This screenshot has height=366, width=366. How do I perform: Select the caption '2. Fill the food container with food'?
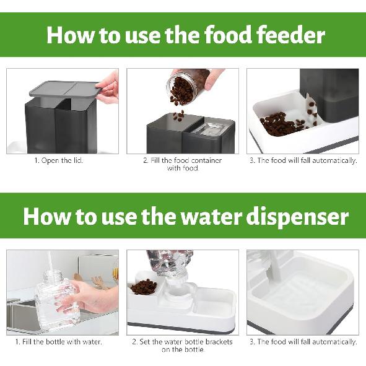(x=182, y=164)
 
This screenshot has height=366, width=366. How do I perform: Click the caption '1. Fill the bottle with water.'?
(x=59, y=342)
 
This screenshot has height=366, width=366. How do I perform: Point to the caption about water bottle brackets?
(x=182, y=346)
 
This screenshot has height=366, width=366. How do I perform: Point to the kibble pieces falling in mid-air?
(x=178, y=115)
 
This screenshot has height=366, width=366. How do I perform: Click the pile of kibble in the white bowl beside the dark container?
(x=282, y=124)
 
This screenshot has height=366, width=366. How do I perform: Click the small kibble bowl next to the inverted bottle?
(x=144, y=288)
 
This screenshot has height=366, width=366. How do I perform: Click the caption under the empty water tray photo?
(x=303, y=342)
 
